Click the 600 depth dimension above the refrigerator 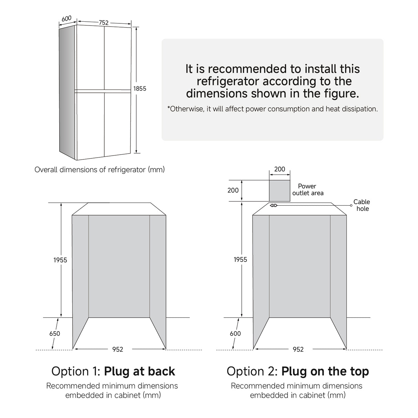point(66,18)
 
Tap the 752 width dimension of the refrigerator point(104,23)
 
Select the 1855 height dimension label point(140,88)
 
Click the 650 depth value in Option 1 point(54,333)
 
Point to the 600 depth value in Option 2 point(235,333)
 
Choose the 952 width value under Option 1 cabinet point(118,349)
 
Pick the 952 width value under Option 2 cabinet point(298,349)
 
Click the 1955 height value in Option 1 point(60,260)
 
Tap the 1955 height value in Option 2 point(240,260)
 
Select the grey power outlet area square point(280,190)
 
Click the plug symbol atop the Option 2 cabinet point(274,206)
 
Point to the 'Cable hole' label point(362,205)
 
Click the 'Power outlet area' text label point(307,190)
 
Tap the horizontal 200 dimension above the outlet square point(280,169)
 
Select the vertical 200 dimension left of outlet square point(233,190)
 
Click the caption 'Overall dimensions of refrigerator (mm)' point(100,170)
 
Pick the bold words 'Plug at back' point(139,371)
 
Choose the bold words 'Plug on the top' point(325,371)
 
